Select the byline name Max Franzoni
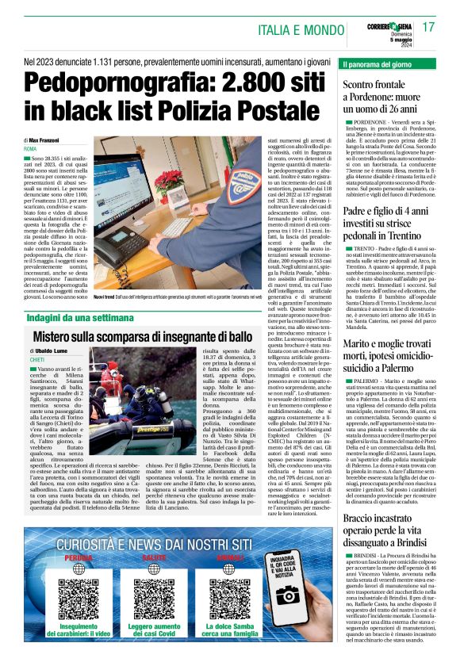[53, 140]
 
